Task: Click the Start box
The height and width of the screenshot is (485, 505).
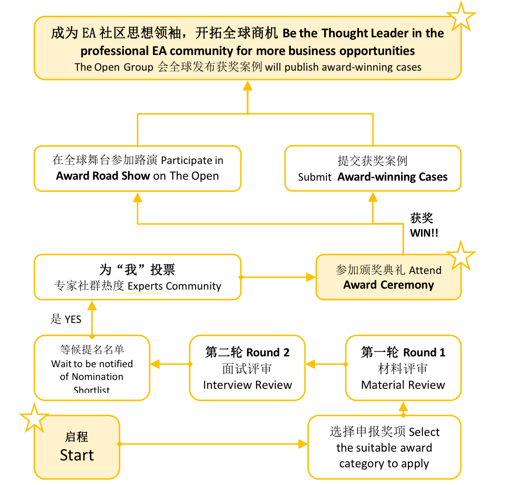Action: click(x=77, y=447)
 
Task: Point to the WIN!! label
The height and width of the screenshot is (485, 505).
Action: click(x=424, y=233)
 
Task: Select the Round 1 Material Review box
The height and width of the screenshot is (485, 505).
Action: click(x=403, y=368)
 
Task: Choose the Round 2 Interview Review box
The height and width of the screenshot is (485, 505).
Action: click(x=247, y=368)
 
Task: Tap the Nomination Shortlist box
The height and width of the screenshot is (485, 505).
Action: click(x=92, y=368)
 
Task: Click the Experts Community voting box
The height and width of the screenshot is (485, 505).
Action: click(x=137, y=277)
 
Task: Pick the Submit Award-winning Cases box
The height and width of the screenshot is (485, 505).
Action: click(x=373, y=168)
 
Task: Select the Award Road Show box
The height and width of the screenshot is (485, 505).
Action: click(x=137, y=169)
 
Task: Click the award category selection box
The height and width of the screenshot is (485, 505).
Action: click(x=384, y=447)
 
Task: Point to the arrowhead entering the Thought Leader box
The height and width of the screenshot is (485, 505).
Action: click(x=247, y=85)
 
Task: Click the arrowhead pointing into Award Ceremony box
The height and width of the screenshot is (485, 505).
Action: click(x=311, y=277)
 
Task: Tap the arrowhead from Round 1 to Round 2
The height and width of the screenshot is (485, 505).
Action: click(x=310, y=364)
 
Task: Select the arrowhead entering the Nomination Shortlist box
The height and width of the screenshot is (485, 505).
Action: click(x=155, y=364)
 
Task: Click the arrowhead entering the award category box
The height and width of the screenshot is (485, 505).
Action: click(x=303, y=444)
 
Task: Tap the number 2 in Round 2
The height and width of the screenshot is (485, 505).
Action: click(x=286, y=353)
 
